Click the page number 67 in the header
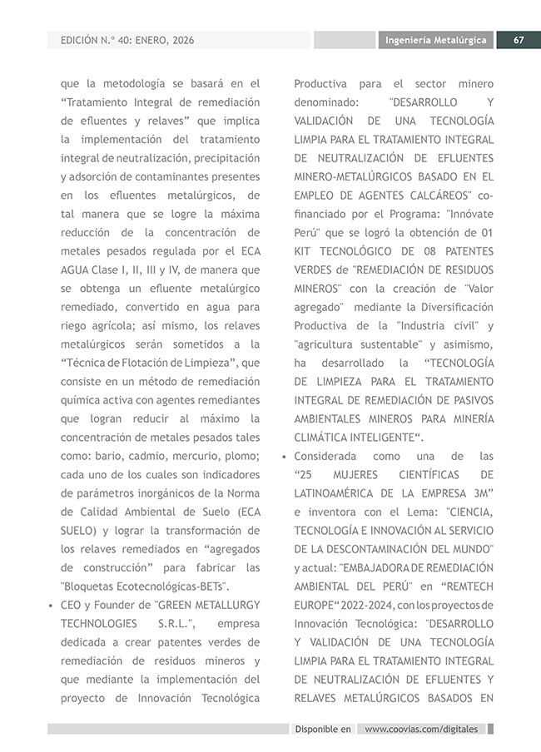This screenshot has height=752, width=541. [518, 40]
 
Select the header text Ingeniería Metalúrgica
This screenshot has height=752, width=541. [436, 40]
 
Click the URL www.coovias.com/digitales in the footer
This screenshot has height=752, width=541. [421, 729]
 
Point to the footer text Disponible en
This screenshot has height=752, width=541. [323, 729]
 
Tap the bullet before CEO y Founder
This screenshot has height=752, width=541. [52, 606]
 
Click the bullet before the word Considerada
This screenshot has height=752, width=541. [285, 457]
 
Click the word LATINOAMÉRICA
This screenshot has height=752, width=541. [335, 493]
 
